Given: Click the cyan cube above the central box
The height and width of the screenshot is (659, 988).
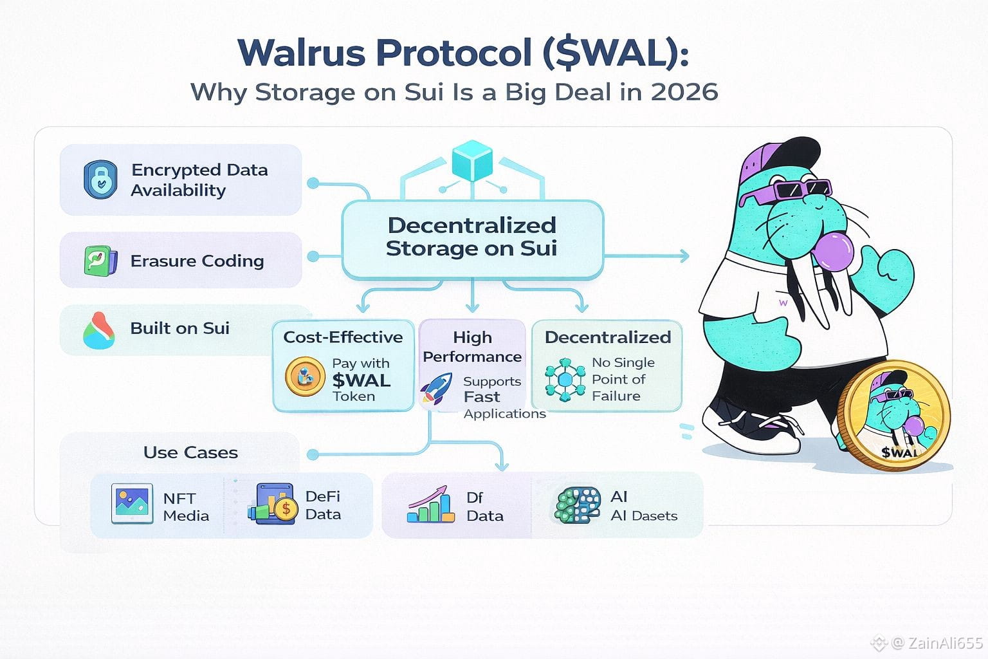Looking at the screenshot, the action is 472,160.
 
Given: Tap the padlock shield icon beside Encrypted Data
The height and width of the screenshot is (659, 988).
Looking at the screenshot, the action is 100,180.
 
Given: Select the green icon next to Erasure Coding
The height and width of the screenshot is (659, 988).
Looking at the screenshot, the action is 100,261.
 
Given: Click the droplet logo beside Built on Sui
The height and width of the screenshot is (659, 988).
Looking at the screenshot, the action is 99,330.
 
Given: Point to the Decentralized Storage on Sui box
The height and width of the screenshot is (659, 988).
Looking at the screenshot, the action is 472,237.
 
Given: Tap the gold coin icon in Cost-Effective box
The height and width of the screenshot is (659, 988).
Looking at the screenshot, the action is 305,376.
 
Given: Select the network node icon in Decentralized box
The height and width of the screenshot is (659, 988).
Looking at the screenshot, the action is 564,380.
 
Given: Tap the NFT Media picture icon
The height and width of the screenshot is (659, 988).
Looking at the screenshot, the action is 132,504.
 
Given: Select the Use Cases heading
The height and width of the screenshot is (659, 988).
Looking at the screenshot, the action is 190,452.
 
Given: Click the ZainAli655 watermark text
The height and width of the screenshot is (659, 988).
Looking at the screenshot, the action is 944,643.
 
